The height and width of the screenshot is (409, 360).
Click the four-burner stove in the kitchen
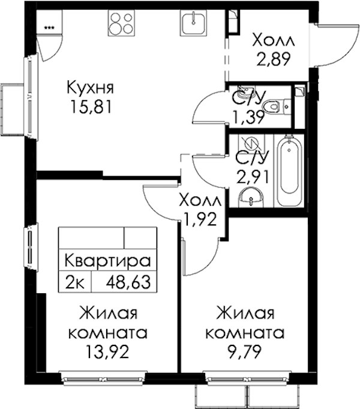pos(122,23)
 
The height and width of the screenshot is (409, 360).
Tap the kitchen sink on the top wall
pos(193,23)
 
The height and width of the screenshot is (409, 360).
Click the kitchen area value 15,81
pos(91,107)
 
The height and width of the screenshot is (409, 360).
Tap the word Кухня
pos(91,88)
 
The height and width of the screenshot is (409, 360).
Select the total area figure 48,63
pos(128,282)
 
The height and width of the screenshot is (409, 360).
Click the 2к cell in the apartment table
pos(74,282)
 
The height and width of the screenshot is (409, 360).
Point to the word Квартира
pos(107,260)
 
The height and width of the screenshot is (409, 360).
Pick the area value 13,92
pos(107,351)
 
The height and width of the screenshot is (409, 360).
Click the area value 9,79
pos(244,351)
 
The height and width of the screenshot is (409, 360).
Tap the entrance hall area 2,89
pos(274,59)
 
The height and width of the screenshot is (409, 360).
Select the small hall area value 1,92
pos(200,219)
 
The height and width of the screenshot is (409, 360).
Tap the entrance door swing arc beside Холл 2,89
pos(350,52)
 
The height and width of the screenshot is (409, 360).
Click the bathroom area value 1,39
pos(249,118)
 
